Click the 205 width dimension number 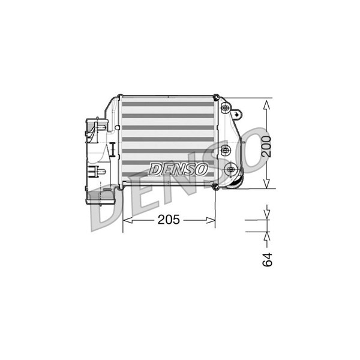tap(169, 220)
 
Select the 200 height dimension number tap(266, 146)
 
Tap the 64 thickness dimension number tap(267, 260)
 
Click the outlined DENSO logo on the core tap(178, 169)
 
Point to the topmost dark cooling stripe tap(168, 104)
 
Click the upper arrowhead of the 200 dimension tap(266, 105)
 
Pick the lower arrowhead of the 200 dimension tap(266, 184)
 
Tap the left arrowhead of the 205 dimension tap(128, 220)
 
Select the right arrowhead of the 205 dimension tap(211, 220)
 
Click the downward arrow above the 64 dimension tap(267, 212)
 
